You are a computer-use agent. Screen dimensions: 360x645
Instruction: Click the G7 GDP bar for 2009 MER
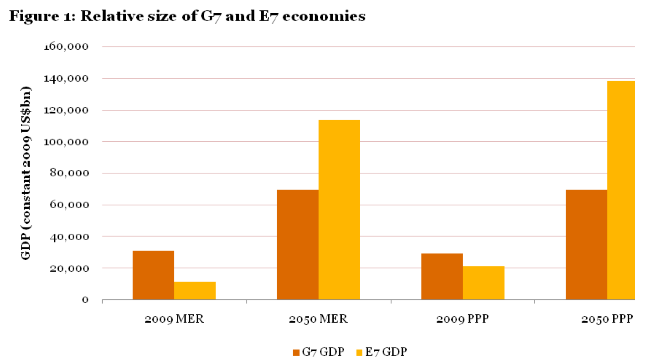coord(153,275)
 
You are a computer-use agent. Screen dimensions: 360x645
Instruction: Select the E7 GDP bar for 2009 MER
coord(195,291)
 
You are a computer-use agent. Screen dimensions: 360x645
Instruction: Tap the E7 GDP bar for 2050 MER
coord(339,210)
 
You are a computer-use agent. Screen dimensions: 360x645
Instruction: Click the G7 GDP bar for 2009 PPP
coord(442,277)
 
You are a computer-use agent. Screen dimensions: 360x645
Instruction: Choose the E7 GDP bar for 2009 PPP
coord(483,283)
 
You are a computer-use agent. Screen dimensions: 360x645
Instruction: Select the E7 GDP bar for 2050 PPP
coord(621,190)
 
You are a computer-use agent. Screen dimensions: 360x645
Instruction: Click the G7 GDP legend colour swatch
coord(296,352)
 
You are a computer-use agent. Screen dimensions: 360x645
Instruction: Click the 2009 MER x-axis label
coord(174,319)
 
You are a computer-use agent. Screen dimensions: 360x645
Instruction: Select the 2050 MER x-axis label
coord(318,319)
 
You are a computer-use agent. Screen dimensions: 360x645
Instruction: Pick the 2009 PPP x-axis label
coord(463,319)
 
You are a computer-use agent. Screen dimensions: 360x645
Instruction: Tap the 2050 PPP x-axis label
coord(607,319)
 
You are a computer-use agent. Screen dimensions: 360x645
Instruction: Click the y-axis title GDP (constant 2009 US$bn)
coord(26,173)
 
